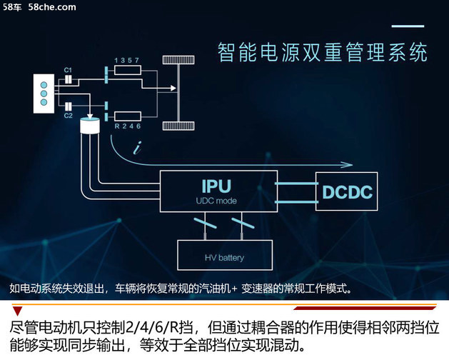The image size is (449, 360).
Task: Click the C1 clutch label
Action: pos(68,69)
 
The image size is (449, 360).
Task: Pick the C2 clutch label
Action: pos(68,115)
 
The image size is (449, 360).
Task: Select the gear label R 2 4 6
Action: pos(127,126)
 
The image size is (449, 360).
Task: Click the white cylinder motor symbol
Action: pos(91,128)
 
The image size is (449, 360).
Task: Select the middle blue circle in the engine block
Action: pos(43,92)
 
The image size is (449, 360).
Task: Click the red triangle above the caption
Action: pos(17,311)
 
